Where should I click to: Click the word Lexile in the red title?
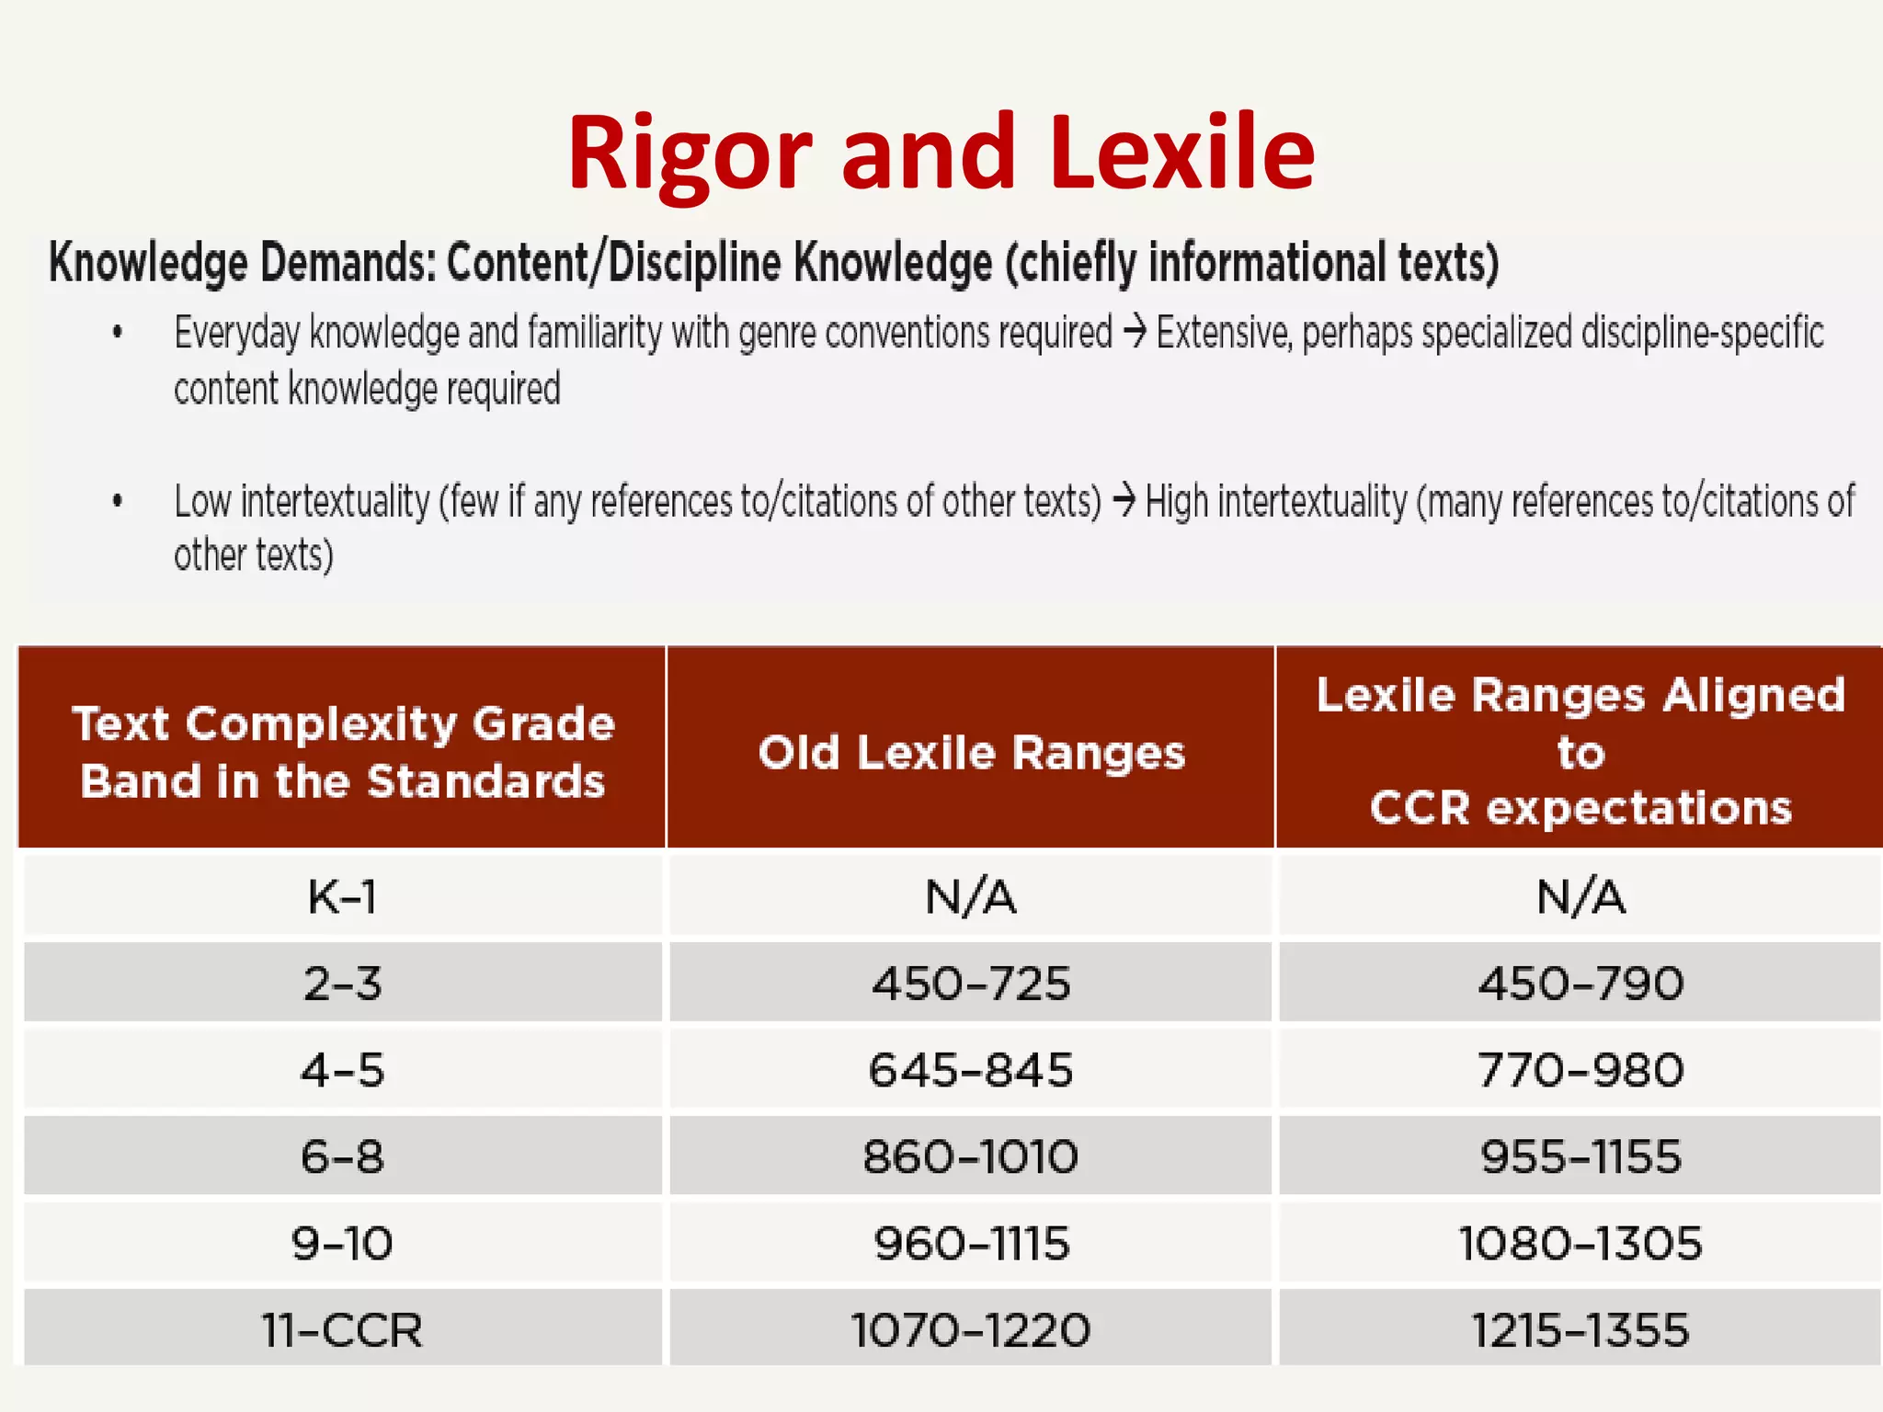point(1182,154)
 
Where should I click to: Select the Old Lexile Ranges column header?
point(971,753)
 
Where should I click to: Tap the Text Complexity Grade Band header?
point(343,752)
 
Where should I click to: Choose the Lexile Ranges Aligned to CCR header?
point(1580,751)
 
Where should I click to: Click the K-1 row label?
point(342,896)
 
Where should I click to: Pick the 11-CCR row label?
point(342,1330)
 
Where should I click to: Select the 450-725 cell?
point(971,984)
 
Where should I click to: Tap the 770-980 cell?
point(1580,1070)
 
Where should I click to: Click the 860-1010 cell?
point(971,1156)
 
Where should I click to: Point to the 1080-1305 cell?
point(1580,1244)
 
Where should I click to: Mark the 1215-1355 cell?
point(1580,1330)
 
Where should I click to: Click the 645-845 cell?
point(971,1070)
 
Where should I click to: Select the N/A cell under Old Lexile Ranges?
point(971,896)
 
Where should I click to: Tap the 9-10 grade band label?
point(342,1244)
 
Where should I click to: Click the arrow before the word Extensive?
point(1135,333)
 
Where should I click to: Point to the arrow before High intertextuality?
point(1124,502)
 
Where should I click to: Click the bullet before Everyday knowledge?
point(118,333)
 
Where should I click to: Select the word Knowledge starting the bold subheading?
point(148,263)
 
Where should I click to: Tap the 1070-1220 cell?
point(971,1330)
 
